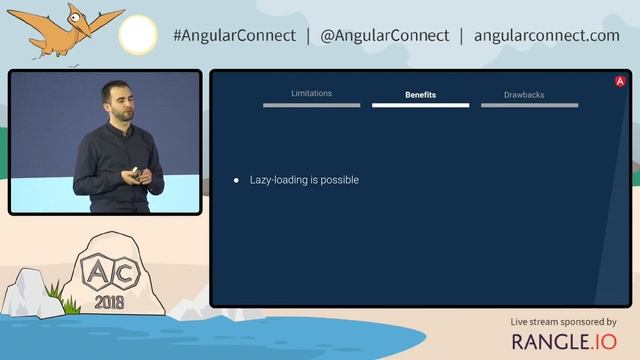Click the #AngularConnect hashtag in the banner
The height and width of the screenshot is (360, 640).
tap(234, 35)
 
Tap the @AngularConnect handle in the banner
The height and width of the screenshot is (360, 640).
tap(385, 35)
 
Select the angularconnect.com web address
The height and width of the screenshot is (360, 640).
tap(547, 35)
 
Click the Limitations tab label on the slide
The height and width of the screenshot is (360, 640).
tap(311, 93)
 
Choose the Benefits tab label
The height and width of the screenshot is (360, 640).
tap(420, 95)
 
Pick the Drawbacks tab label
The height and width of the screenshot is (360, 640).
tap(524, 95)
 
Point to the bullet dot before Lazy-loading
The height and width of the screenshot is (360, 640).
tap(236, 181)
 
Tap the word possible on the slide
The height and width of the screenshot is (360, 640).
tap(339, 180)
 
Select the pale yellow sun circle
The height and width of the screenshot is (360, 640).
tap(137, 36)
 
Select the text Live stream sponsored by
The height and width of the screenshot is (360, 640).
tap(564, 322)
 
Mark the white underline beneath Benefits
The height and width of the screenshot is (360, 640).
tap(420, 105)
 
